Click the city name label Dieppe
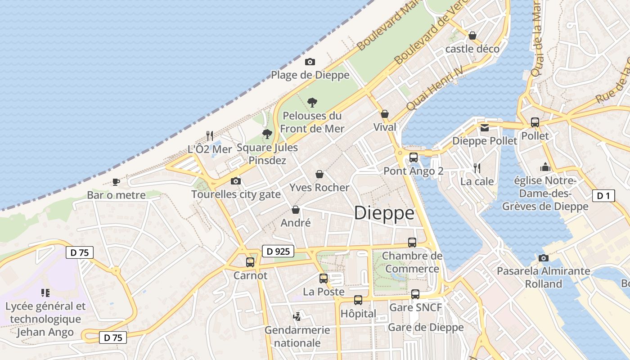click(x=384, y=213)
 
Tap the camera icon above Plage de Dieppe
click(x=310, y=62)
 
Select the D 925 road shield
click(x=278, y=251)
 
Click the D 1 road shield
click(x=603, y=196)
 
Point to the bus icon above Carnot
click(x=250, y=262)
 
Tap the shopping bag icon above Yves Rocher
click(x=319, y=174)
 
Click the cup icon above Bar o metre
click(x=116, y=182)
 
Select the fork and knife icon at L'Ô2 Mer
click(x=209, y=135)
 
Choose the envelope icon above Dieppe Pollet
click(x=484, y=128)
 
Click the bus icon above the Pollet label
click(x=535, y=122)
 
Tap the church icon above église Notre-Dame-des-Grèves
click(x=545, y=167)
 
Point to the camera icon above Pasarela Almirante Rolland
click(x=543, y=258)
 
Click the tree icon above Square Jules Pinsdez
click(x=267, y=134)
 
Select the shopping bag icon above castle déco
click(x=472, y=35)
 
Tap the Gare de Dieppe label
click(x=426, y=327)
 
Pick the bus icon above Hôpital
click(x=358, y=300)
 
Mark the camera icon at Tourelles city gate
click(x=235, y=181)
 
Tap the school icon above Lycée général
click(x=45, y=293)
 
